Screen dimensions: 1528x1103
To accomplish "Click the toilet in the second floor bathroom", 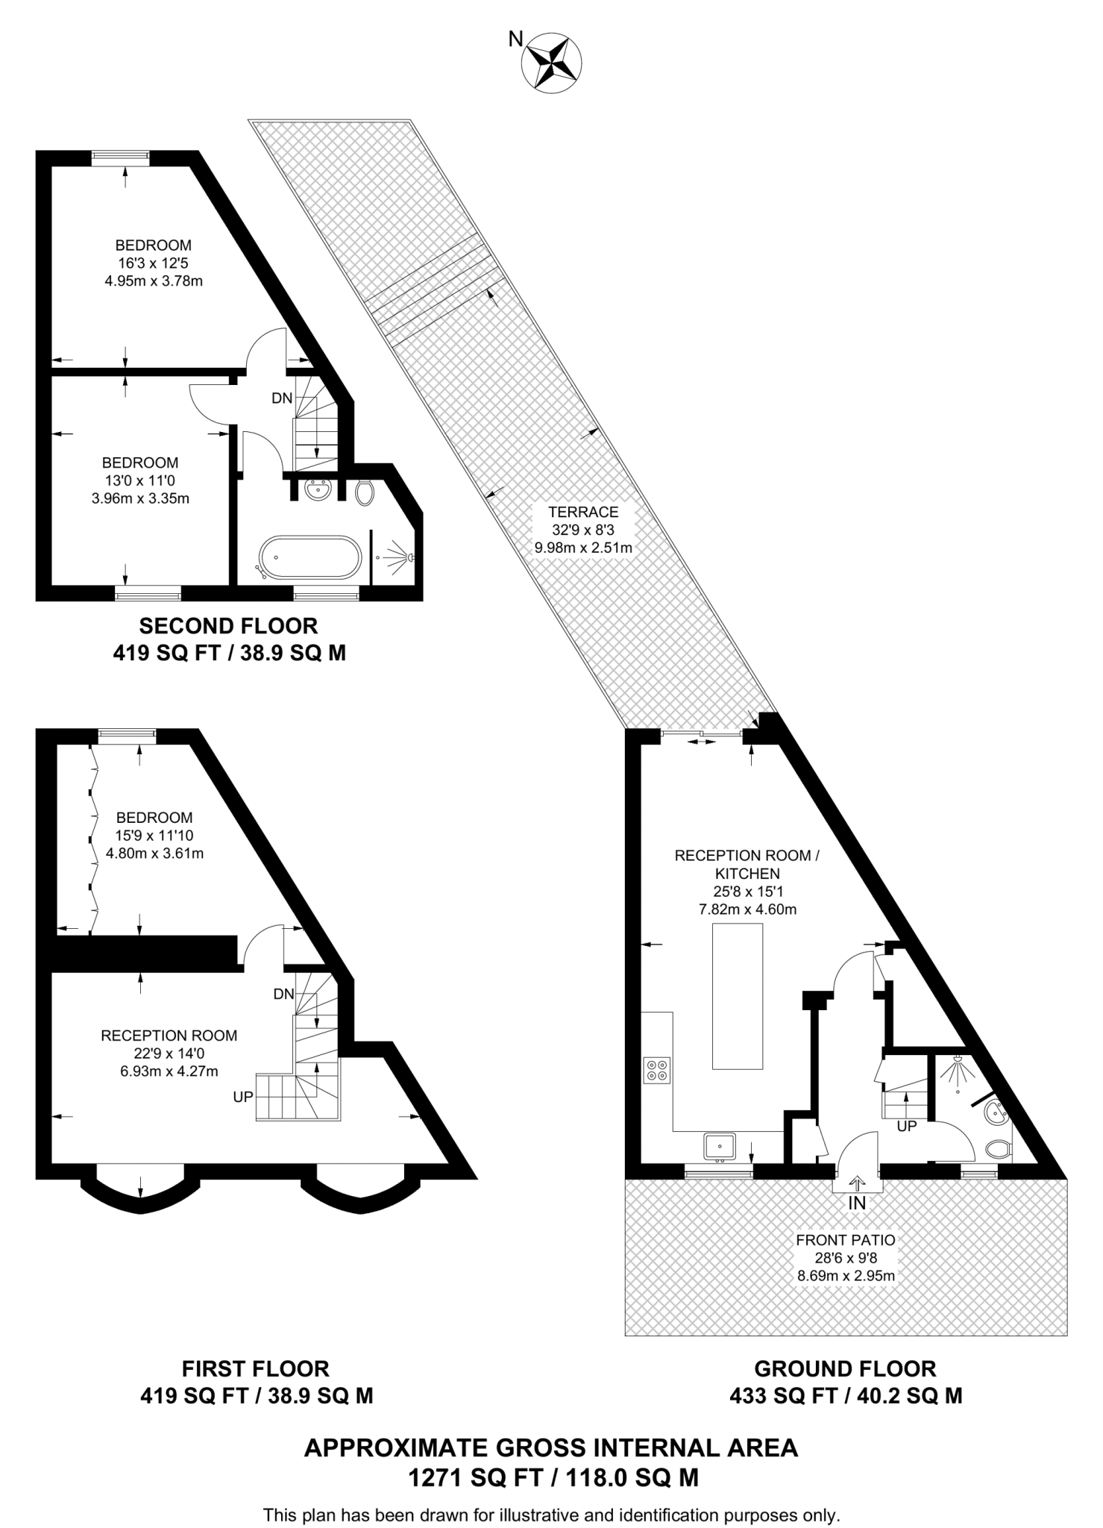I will (364, 492).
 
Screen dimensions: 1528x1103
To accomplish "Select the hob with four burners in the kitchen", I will (657, 1071).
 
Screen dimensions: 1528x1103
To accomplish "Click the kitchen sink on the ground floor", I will (720, 1145).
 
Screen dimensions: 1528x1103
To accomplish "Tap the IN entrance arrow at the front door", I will (857, 1183).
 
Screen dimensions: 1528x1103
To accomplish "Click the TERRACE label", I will (583, 512).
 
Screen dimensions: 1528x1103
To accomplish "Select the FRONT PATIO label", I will (846, 1240).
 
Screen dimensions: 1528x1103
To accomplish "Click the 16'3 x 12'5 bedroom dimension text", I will (153, 263).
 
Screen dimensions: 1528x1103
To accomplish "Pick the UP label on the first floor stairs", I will (243, 1097).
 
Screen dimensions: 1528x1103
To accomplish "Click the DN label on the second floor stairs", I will (281, 398).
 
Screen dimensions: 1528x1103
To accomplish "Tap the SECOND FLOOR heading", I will (229, 625).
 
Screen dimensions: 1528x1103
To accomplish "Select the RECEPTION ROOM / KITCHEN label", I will (747, 864).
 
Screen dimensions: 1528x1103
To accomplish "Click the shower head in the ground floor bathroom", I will (955, 1071).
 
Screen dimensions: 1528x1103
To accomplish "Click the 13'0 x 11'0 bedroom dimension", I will (140, 480).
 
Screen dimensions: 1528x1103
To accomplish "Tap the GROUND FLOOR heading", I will (845, 1368).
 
